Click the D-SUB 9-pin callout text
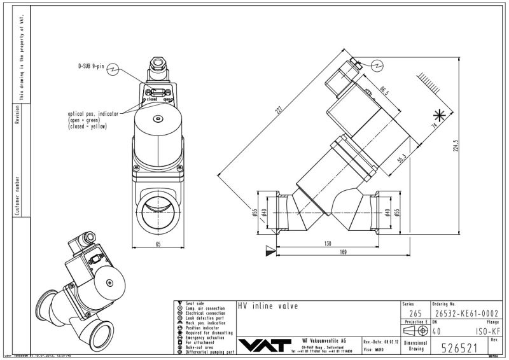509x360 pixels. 91,66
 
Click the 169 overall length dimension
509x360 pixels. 344,253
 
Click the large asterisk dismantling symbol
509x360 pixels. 438,115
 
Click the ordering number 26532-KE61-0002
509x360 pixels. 461,312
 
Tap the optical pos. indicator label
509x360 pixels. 93,113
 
